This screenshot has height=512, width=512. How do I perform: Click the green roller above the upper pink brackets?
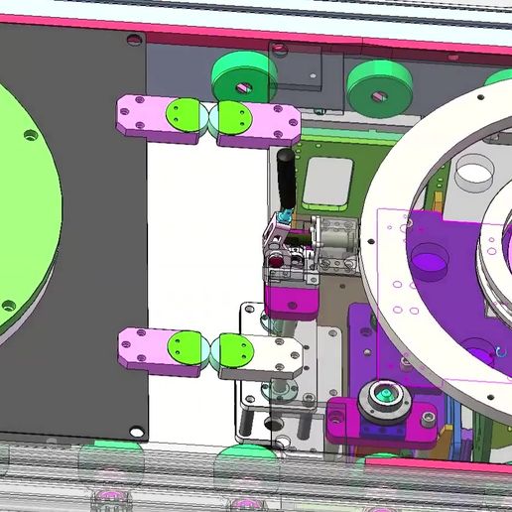(244, 74)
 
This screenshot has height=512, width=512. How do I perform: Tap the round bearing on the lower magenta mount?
(385, 399)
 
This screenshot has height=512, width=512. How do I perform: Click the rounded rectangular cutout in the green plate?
(328, 180)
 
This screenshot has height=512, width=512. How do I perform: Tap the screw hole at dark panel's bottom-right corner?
(136, 432)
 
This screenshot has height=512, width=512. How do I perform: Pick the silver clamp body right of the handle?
(332, 241)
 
